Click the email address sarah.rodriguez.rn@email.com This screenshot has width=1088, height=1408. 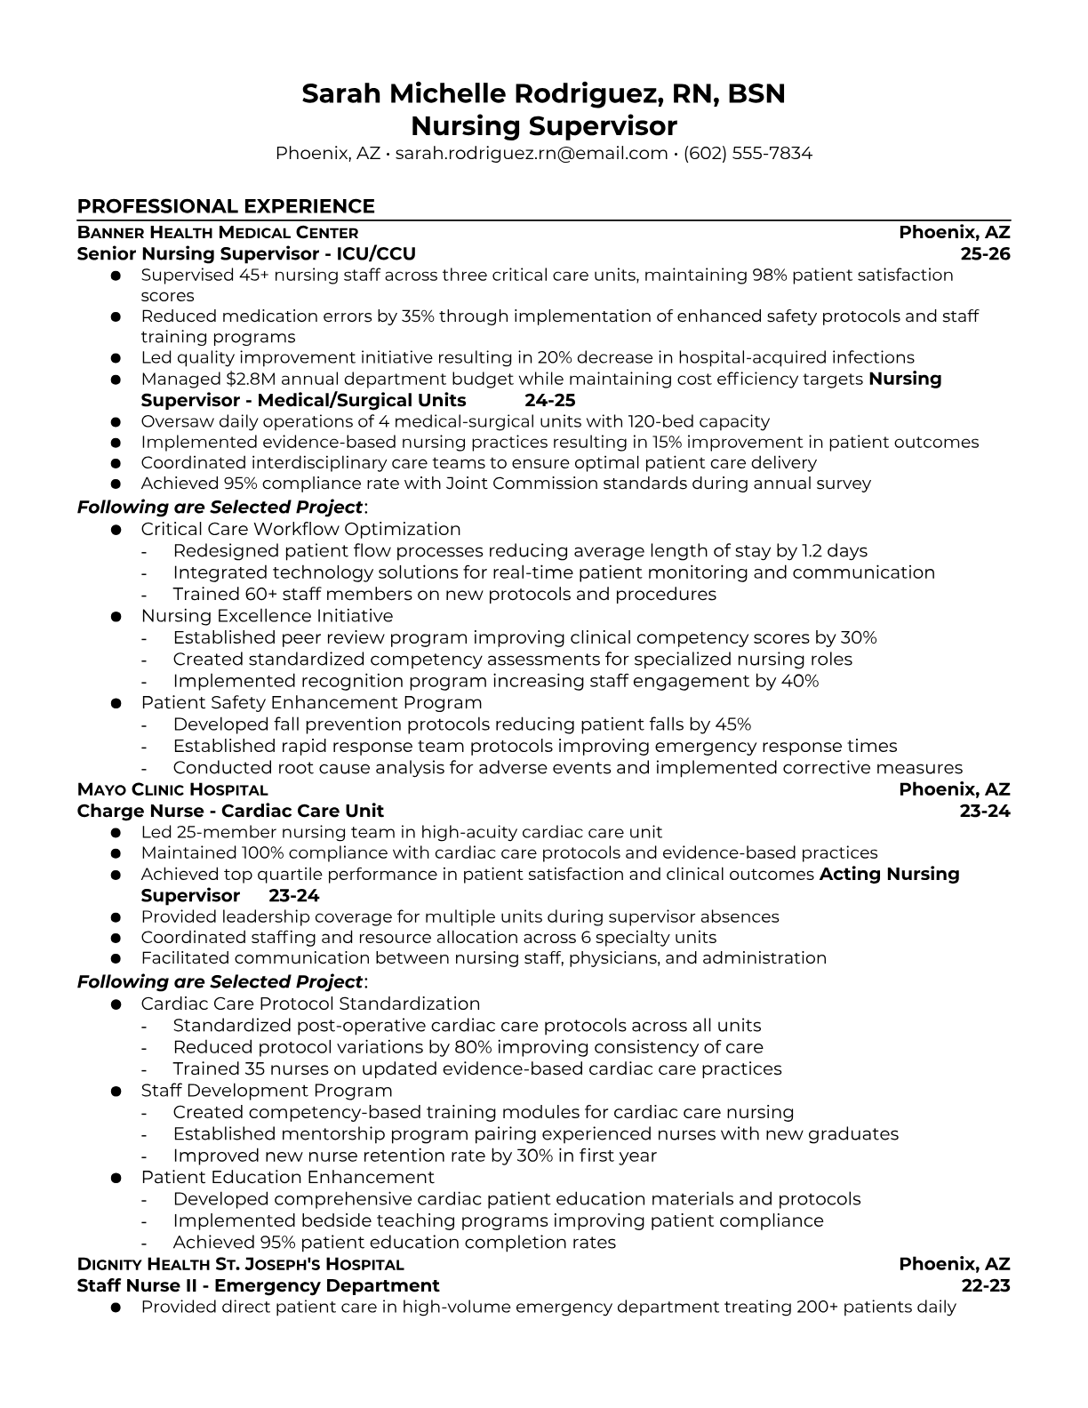click(531, 153)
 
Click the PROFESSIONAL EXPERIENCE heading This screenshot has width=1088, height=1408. click(226, 206)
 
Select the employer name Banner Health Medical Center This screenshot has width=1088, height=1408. click(218, 233)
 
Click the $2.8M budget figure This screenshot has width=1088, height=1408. click(239, 380)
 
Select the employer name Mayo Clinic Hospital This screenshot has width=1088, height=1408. click(172, 789)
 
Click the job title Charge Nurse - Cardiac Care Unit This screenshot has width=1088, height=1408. click(230, 811)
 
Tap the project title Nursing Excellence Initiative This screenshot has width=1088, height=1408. click(267, 616)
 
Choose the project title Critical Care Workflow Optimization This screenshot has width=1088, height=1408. click(300, 530)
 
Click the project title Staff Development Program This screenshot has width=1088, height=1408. click(267, 1091)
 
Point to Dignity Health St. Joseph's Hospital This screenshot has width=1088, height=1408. click(241, 1264)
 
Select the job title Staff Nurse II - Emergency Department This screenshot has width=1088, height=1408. click(258, 1285)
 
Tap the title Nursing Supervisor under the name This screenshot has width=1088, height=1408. click(543, 125)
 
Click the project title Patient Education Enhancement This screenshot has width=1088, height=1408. click(287, 1178)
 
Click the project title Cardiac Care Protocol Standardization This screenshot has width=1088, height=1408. click(310, 1004)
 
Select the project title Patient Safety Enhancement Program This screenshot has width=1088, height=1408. click(311, 702)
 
